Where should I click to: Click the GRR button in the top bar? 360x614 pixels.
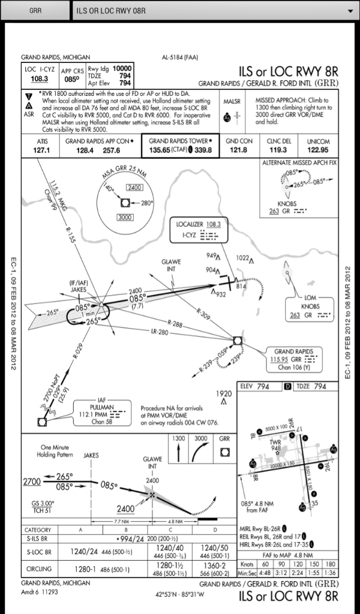point(35,10)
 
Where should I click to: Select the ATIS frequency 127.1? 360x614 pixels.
point(41,150)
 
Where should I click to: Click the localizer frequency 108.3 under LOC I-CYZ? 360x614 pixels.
point(40,79)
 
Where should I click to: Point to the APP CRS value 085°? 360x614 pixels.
point(72,79)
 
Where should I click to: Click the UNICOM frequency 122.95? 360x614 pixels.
point(318,150)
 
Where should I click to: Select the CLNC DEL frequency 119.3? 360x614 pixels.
point(277,150)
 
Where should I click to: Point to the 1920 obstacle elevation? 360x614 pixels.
point(223,394)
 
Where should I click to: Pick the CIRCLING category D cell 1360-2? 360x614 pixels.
point(214,568)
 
